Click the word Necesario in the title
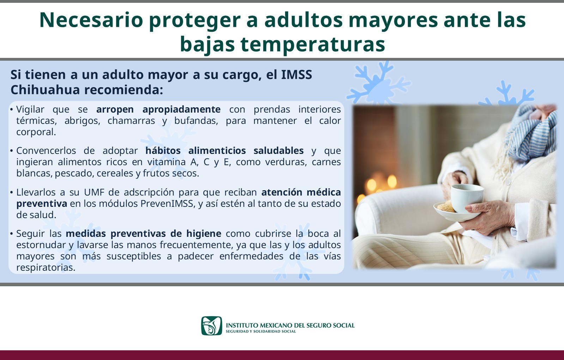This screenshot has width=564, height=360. [91, 20]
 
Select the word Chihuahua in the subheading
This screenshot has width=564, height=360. [45, 90]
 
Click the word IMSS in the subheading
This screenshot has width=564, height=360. [296, 74]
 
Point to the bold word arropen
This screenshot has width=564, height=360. [115, 109]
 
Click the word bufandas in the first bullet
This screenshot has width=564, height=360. [196, 121]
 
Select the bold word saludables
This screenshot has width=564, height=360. [279, 150]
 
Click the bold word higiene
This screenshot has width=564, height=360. [204, 234]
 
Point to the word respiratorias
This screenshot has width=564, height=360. [46, 268]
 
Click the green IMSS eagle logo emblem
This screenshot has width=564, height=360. [212, 326]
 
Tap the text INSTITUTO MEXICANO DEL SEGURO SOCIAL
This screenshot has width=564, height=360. [290, 325]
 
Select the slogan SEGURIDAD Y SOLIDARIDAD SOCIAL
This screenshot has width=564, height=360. [261, 331]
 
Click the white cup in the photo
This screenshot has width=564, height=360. [467, 198]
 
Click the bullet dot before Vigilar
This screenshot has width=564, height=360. [12, 110]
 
